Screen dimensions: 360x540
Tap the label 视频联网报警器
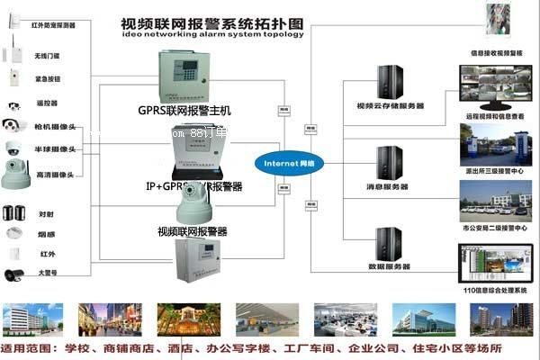click(192, 231)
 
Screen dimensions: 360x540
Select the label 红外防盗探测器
click(55, 25)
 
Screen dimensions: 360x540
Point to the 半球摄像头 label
click(54, 148)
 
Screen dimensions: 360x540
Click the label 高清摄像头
click(54, 174)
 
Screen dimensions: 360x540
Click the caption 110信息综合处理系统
click(493, 292)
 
